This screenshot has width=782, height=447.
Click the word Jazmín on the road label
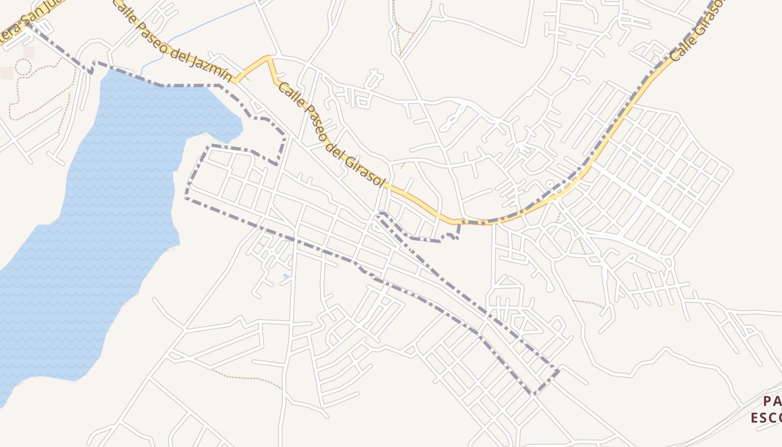(213, 65)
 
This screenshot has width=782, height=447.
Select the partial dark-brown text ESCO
(766, 418)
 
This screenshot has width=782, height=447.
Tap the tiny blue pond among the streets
(287, 276)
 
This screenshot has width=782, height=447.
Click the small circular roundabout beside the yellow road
(550, 184)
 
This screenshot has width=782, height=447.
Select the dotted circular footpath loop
(23, 67)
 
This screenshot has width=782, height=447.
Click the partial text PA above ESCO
(772, 401)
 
